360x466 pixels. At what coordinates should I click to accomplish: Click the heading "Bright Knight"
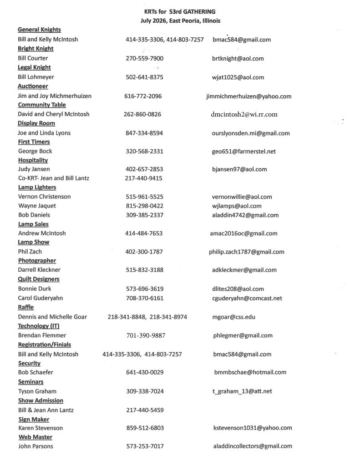point(35,49)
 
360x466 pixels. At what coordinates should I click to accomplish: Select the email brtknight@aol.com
point(238,59)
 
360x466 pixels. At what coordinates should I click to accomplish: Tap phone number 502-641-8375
point(144,77)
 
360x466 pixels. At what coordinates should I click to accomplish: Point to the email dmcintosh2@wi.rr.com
point(244,115)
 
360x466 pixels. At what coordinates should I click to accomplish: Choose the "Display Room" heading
point(36,123)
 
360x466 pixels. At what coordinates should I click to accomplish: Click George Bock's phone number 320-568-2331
point(144,151)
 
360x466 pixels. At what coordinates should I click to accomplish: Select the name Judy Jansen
point(34,169)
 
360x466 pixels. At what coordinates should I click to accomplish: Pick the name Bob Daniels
point(34,215)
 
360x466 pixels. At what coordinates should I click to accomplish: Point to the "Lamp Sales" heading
point(33,224)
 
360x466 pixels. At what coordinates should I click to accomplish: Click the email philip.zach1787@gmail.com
point(248,252)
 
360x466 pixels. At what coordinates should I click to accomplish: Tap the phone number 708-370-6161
point(145,298)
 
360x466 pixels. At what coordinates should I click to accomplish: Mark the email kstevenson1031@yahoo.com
point(253,428)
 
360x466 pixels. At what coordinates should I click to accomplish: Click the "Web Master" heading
point(34,437)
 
